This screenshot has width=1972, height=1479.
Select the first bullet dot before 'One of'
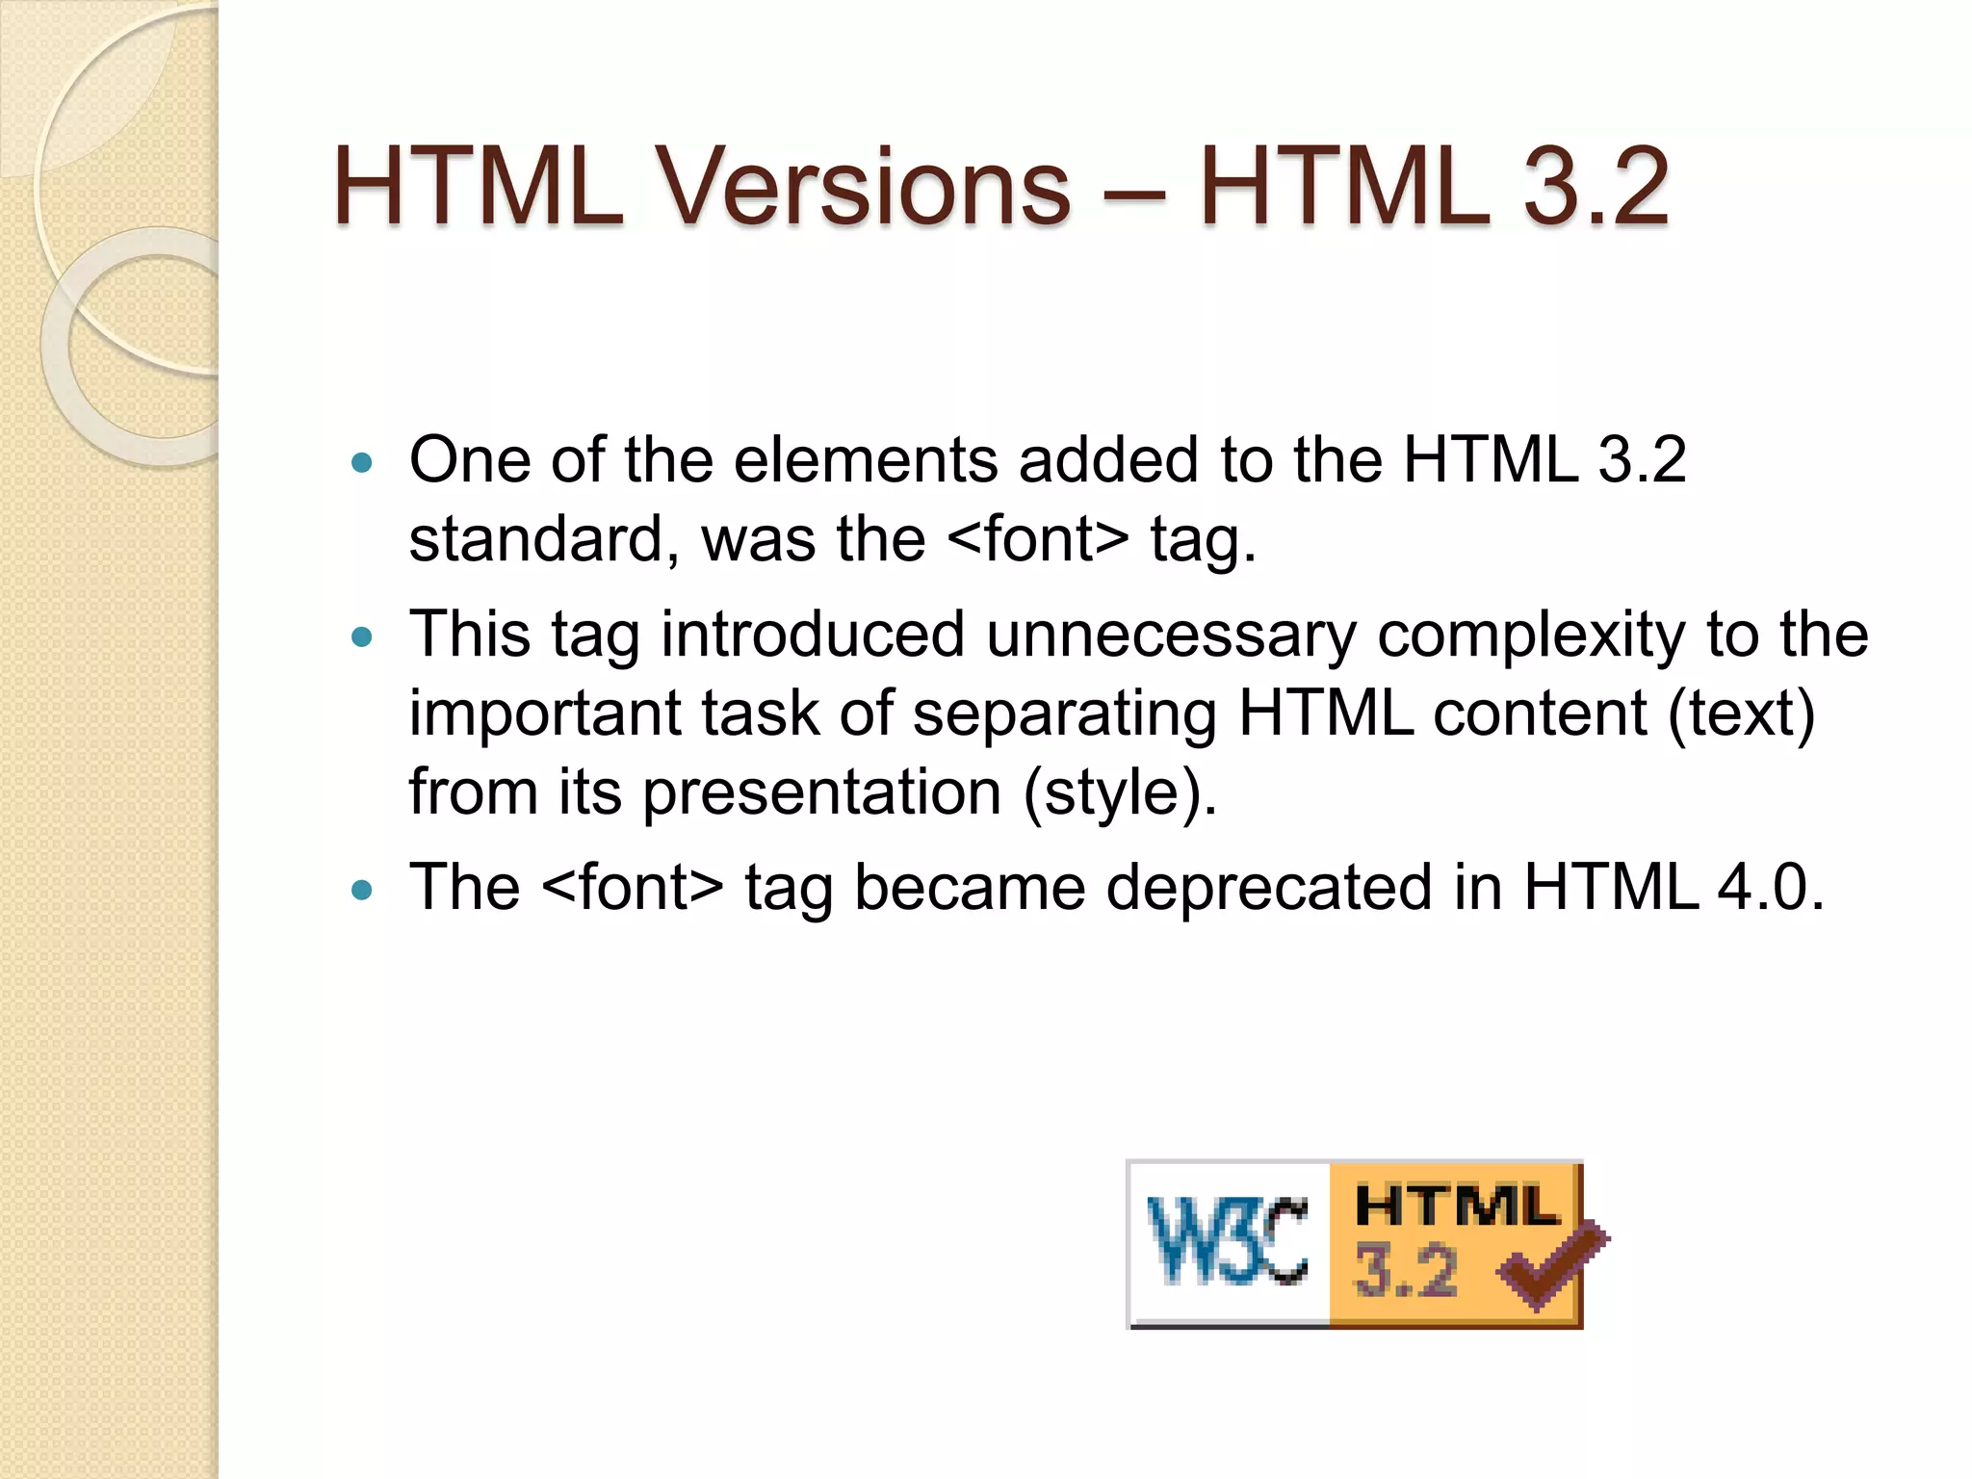click(362, 463)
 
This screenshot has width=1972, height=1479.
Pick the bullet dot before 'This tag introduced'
click(362, 637)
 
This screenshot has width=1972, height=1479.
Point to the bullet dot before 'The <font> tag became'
click(362, 891)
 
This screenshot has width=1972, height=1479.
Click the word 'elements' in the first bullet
click(866, 459)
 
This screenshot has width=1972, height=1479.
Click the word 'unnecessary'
click(1171, 636)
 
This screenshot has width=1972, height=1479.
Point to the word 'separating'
click(1065, 715)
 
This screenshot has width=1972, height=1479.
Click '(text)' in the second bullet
click(1741, 715)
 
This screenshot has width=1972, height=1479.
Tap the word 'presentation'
click(822, 793)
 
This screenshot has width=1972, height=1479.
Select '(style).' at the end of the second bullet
click(1120, 793)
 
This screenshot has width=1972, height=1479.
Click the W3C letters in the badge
click(1228, 1242)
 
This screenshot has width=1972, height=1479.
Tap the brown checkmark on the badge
click(1551, 1264)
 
